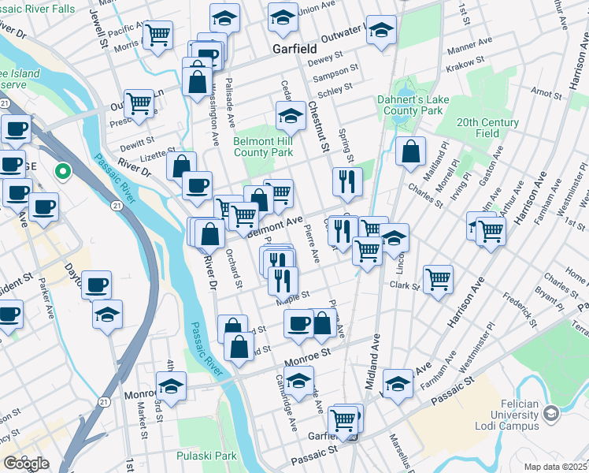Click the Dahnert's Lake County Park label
coord(426,106)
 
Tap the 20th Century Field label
coord(487,128)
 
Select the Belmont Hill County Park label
coord(264,147)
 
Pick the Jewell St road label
coord(100,26)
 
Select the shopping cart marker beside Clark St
coord(438,277)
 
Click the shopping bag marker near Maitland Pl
coord(410,151)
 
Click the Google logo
coord(26,464)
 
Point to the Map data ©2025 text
coord(556,467)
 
